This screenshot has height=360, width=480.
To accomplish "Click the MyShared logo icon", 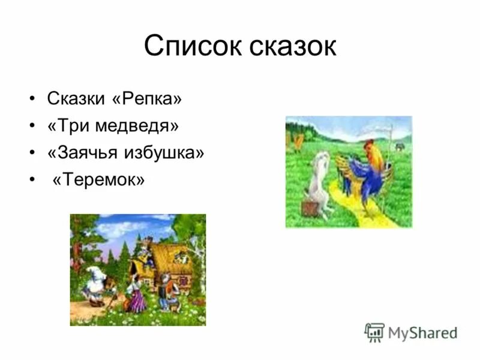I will [374, 332].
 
